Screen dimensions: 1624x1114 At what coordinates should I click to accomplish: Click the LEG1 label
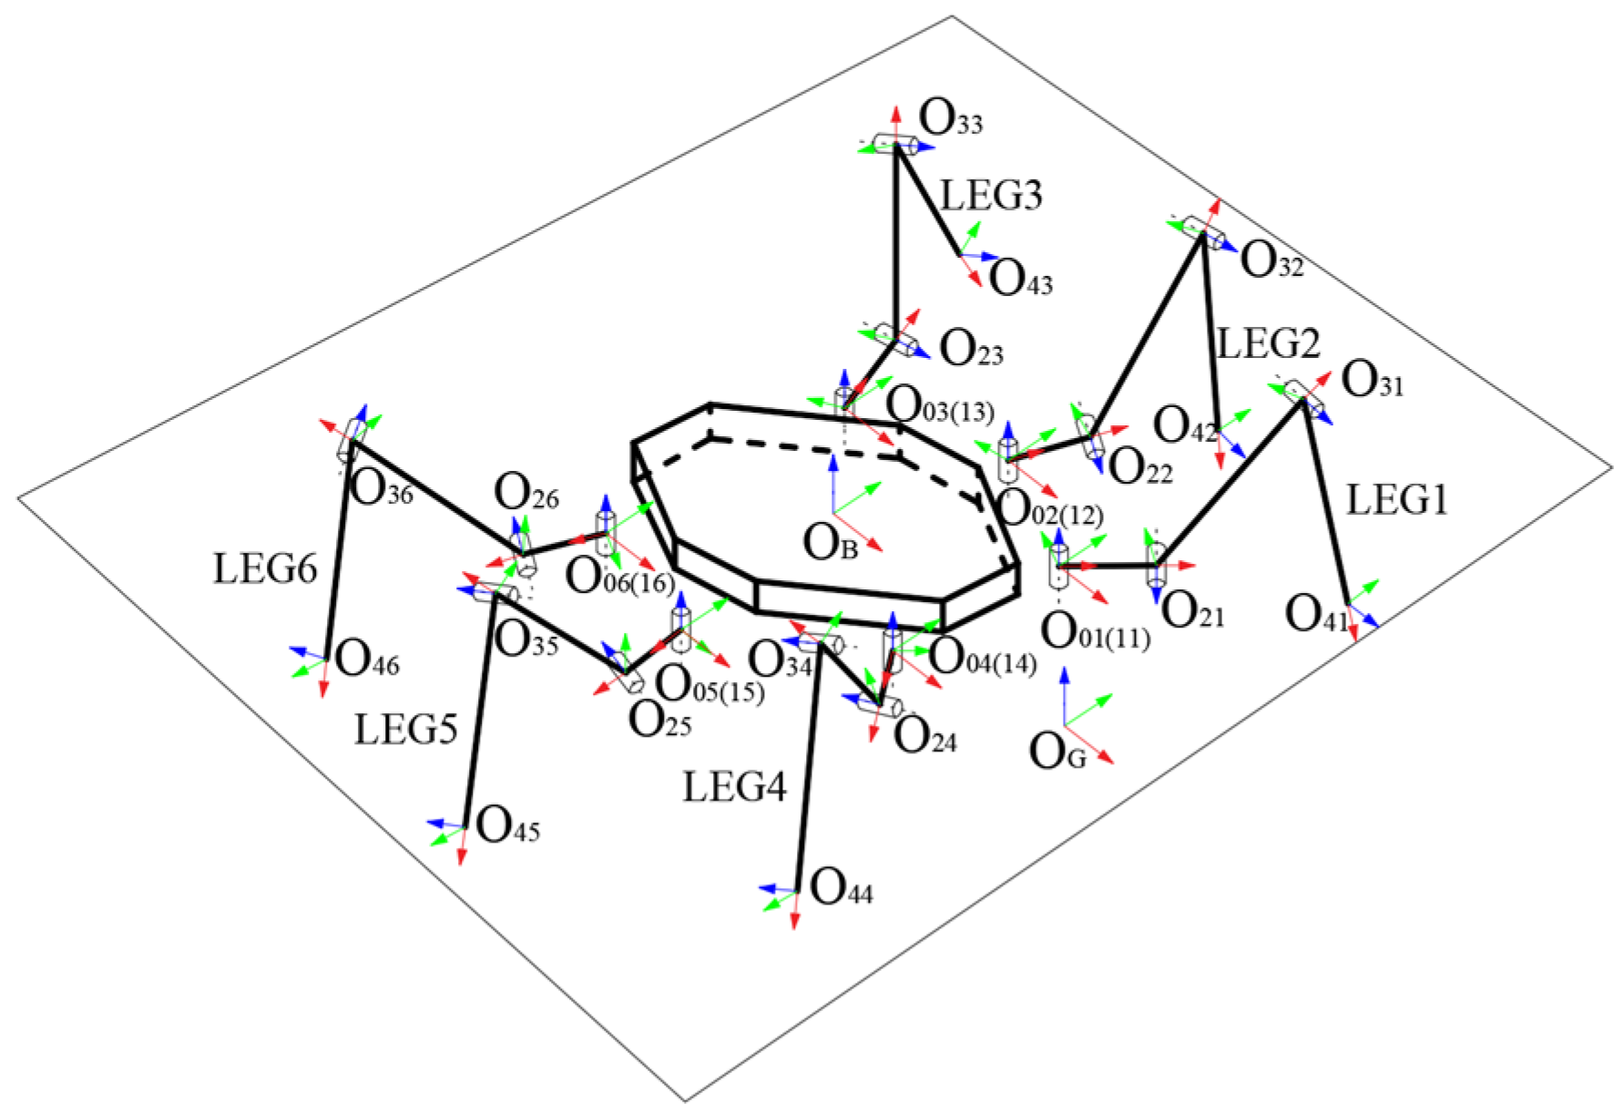point(1396,500)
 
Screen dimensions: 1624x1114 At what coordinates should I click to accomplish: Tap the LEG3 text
point(991,196)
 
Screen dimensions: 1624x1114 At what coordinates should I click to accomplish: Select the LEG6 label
point(265,569)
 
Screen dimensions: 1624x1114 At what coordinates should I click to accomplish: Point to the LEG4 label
point(734,787)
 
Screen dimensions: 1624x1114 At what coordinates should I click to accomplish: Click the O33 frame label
point(951,118)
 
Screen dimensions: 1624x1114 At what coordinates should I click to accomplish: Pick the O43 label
point(1020,279)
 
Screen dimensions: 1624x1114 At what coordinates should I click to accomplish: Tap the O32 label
point(1272,261)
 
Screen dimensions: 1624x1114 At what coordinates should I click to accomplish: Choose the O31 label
point(1372,380)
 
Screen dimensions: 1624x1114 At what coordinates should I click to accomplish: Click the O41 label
point(1316,615)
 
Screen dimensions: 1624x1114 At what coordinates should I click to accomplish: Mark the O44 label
point(841,887)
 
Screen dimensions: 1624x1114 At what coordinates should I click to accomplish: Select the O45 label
point(507,826)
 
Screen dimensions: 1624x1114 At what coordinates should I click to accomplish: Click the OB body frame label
point(830,544)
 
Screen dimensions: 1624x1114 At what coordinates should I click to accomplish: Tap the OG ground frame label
point(1057,752)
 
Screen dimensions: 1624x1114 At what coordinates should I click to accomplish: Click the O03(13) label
point(940,405)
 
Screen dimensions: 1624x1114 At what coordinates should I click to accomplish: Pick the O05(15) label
point(710,685)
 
